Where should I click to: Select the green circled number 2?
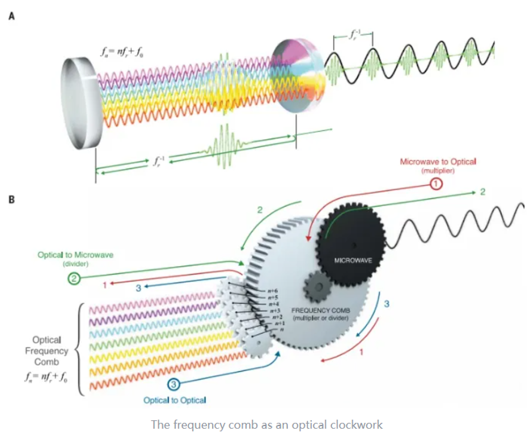tap(75, 279)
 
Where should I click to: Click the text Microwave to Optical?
tap(438, 162)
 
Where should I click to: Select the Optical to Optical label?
tap(175, 400)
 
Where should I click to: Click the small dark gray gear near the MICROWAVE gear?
tap(317, 285)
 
